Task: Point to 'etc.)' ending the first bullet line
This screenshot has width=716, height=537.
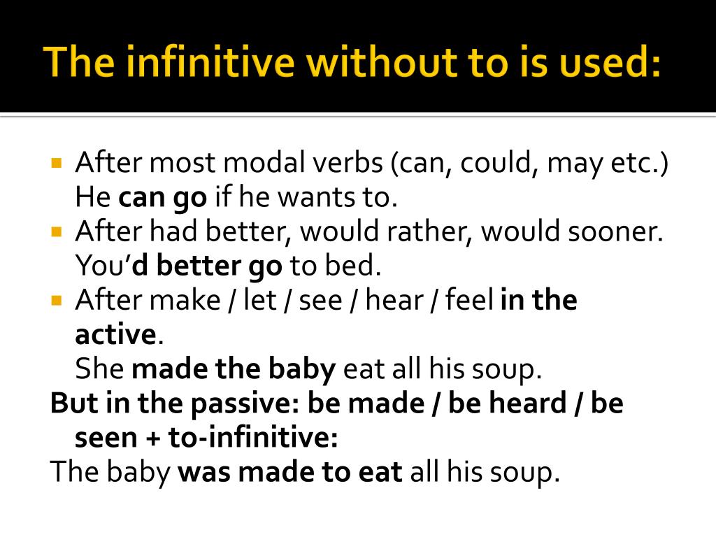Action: [639, 163]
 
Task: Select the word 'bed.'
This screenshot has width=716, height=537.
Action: [352, 265]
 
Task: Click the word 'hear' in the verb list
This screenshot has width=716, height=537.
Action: [394, 300]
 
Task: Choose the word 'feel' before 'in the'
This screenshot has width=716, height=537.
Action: [469, 300]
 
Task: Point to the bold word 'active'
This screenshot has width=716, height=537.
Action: [116, 334]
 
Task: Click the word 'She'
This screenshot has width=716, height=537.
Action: [99, 368]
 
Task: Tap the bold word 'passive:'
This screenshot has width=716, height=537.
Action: [245, 404]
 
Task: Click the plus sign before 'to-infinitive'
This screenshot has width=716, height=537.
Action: [153, 438]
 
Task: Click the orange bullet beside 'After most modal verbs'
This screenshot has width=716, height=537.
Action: [57, 163]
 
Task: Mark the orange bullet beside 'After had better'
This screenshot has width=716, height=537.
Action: [57, 232]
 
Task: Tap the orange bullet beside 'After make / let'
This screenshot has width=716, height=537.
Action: [57, 301]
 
